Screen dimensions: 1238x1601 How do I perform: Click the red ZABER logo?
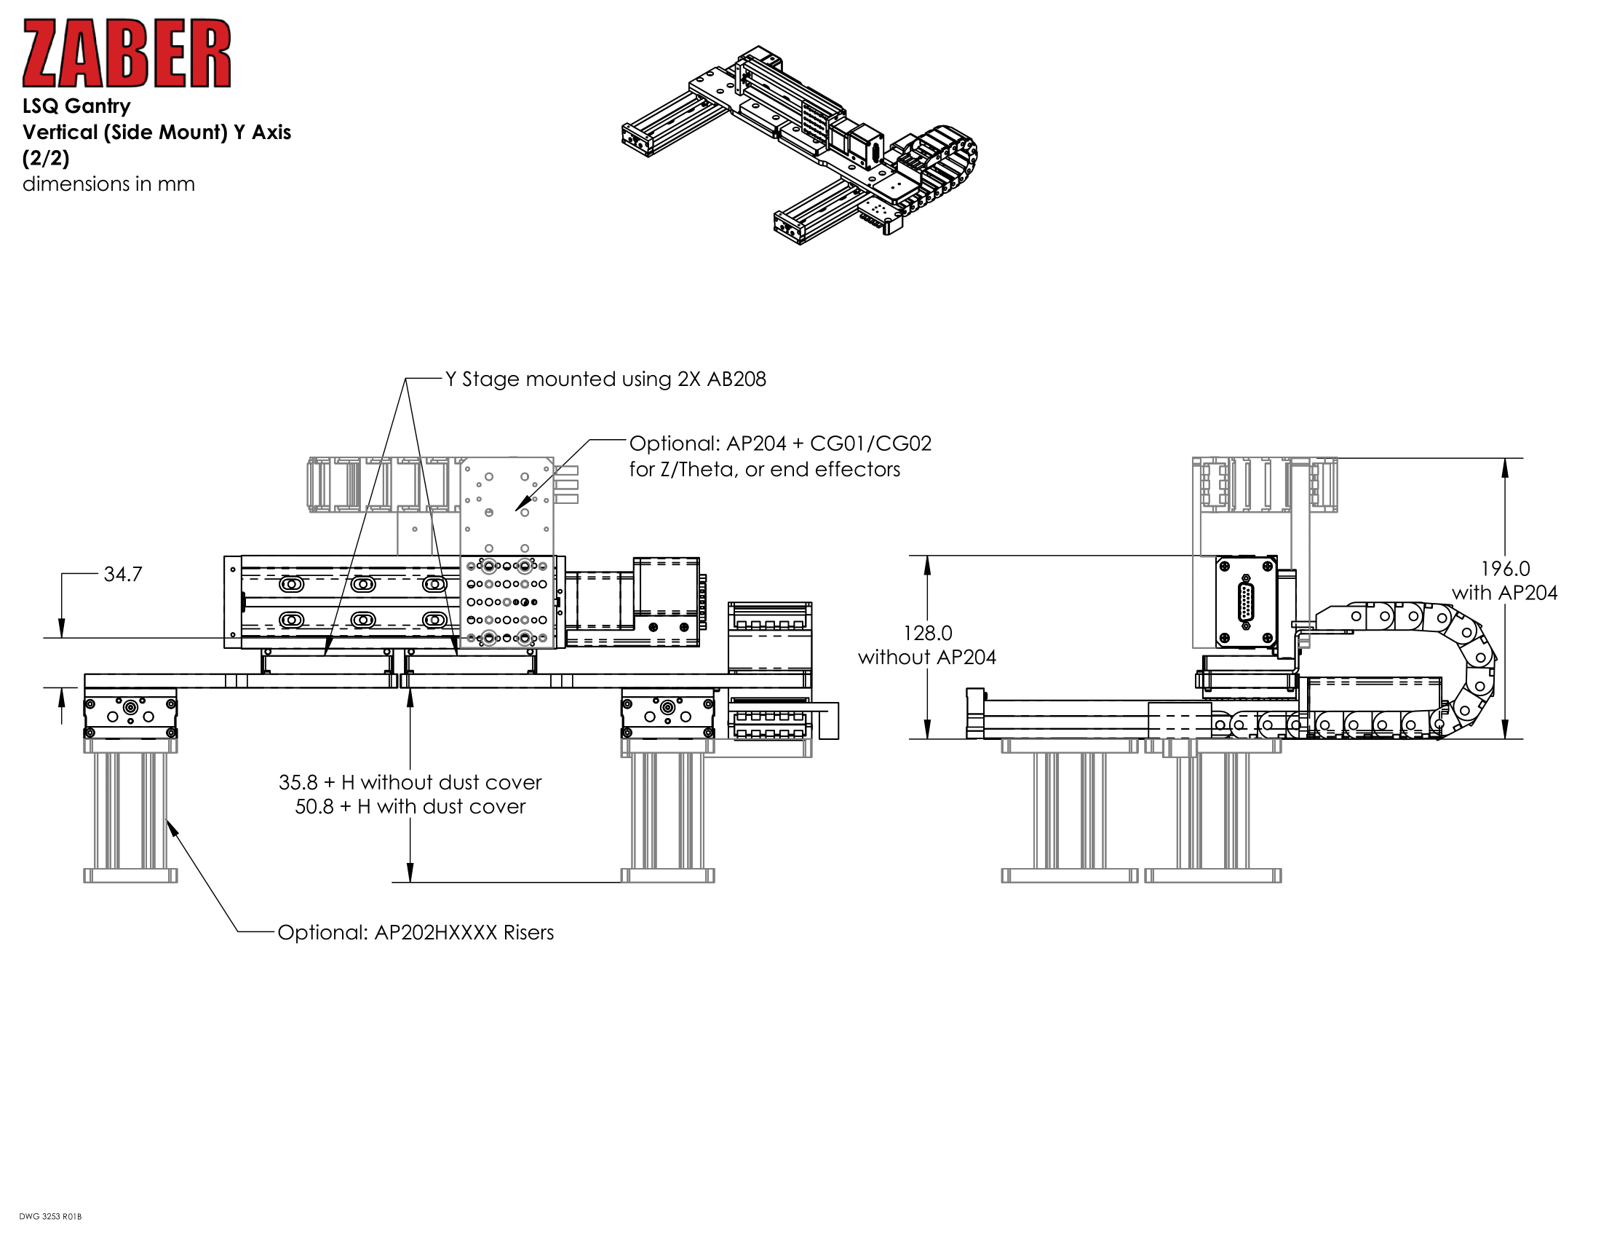126,54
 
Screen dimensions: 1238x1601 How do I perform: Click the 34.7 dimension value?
122,575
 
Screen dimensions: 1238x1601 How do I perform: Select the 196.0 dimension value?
1505,569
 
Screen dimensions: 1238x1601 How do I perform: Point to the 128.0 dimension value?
927,633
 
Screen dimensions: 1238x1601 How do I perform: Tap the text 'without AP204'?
926,657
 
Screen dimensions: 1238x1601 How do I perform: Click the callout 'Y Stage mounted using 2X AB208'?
605,379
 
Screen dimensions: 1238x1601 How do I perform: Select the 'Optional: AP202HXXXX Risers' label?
415,932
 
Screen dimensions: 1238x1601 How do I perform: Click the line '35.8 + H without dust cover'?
410,782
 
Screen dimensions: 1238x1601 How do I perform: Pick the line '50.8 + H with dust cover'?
410,807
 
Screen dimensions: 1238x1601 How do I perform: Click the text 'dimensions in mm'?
108,184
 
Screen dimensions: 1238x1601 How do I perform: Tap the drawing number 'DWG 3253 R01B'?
49,1217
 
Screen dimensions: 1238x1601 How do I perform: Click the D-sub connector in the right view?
1245,603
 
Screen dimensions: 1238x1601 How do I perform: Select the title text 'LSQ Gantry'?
76,106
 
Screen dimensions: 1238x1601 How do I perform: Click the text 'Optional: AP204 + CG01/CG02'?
780,443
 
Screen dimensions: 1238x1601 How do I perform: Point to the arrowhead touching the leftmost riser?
170,825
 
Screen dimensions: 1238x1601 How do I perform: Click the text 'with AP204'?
1504,593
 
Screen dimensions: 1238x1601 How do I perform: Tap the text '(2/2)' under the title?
45,158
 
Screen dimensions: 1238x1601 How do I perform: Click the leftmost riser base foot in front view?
130,875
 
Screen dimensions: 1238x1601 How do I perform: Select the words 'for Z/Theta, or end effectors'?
764,470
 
